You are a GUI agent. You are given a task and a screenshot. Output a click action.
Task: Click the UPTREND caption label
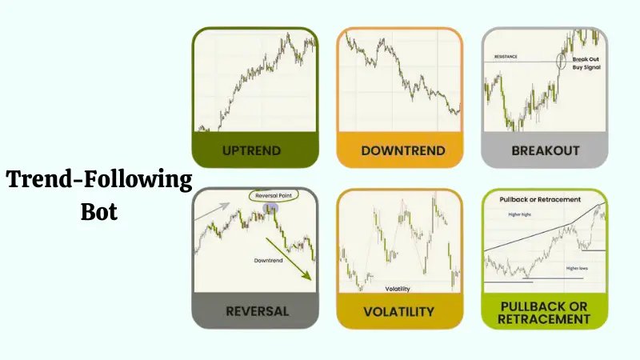pyautogui.click(x=255, y=150)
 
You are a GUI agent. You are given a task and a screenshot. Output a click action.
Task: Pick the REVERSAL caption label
pyautogui.click(x=255, y=310)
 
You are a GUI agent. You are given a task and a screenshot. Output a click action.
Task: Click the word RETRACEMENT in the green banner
pyautogui.click(x=544, y=318)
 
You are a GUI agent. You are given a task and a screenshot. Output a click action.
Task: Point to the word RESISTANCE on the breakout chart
pyautogui.click(x=505, y=57)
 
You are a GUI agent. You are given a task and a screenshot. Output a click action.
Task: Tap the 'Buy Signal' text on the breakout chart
pyautogui.click(x=587, y=68)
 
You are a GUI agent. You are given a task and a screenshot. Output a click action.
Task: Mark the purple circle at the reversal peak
pyautogui.click(x=270, y=209)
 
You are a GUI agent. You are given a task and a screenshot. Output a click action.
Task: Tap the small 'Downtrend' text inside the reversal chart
pyautogui.click(x=270, y=260)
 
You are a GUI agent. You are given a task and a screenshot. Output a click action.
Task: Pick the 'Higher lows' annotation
pyautogui.click(x=577, y=268)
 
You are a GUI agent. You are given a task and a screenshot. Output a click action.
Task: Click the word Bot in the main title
pyautogui.click(x=99, y=213)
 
